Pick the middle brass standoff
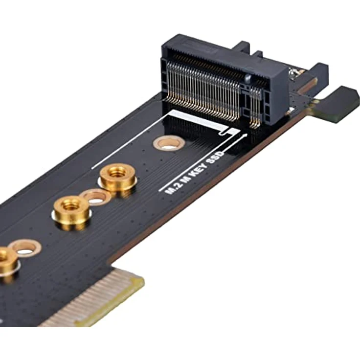[71, 211]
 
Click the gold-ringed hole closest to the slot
[169, 143]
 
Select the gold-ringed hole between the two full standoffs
[96, 197]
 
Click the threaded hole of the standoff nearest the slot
[118, 172]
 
